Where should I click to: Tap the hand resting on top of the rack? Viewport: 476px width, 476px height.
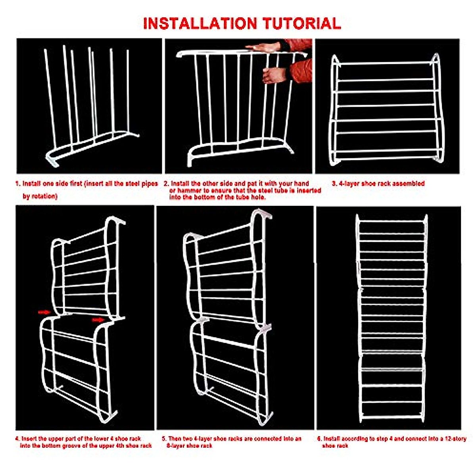(262, 48)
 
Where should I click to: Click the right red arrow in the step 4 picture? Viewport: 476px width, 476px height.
(98, 319)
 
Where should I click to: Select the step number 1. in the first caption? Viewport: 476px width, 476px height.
(18, 184)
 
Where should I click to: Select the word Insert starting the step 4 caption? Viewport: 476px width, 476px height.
(30, 439)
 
